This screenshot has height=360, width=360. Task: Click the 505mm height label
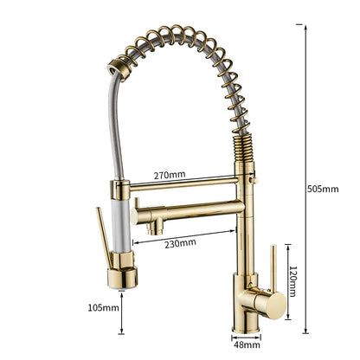pos(325,190)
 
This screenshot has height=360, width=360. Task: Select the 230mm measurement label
pos(182,243)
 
